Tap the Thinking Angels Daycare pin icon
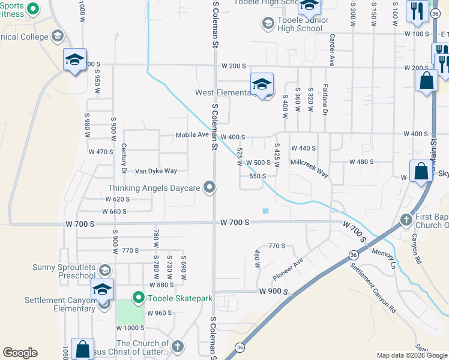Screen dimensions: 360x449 point(209,188)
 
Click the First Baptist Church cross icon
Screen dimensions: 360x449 point(406,220)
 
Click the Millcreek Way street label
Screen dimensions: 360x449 point(309,167)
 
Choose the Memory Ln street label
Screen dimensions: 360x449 point(385,258)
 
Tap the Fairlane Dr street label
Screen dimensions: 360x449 point(325,100)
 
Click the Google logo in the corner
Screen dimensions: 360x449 point(20,353)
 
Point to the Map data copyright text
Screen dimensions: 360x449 point(411,356)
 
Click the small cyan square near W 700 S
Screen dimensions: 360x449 point(265,210)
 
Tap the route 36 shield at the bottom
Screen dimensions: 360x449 point(240,347)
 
